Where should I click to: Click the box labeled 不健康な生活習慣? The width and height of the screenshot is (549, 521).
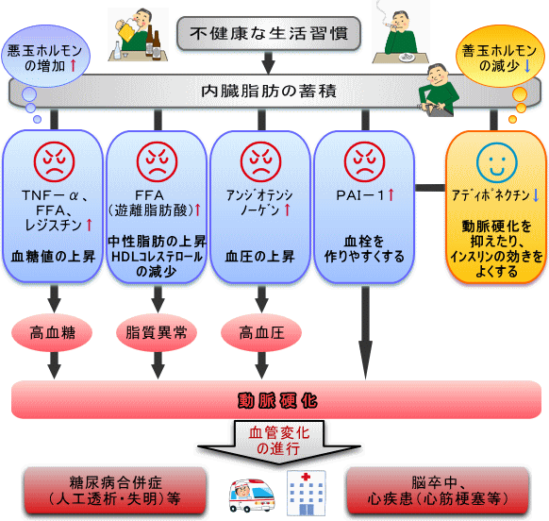pyautogui.click(x=269, y=34)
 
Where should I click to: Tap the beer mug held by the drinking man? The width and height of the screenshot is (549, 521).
pyautogui.click(x=127, y=28)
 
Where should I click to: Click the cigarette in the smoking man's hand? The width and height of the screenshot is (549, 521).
pyautogui.click(x=389, y=25)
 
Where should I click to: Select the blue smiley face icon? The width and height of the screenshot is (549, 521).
pyautogui.click(x=496, y=163)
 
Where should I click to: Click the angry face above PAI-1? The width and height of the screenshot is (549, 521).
pyautogui.click(x=364, y=162)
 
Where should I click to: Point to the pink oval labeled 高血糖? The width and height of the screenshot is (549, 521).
pyautogui.click(x=52, y=332)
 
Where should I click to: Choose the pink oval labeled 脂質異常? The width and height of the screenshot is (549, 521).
pyautogui.click(x=157, y=332)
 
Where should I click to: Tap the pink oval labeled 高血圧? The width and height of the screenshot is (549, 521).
pyautogui.click(x=261, y=332)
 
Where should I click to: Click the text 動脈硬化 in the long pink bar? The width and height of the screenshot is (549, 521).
pyautogui.click(x=277, y=401)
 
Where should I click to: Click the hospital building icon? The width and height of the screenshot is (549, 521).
pyautogui.click(x=307, y=493)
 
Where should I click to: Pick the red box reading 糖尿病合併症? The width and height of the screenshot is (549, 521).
pyautogui.click(x=115, y=491)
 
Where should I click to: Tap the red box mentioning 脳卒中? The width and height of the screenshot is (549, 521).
pyautogui.click(x=438, y=491)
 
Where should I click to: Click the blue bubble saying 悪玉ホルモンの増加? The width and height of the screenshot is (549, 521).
pyautogui.click(x=45, y=57)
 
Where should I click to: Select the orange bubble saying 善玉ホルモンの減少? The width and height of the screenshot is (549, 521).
pyautogui.click(x=500, y=57)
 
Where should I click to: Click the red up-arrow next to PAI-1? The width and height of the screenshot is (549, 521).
pyautogui.click(x=391, y=194)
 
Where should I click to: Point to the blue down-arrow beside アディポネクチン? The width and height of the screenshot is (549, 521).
pyautogui.click(x=536, y=195)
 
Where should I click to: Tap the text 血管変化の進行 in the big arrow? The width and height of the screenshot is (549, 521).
pyautogui.click(x=279, y=441)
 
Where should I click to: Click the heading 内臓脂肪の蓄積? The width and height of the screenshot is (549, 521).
pyautogui.click(x=269, y=92)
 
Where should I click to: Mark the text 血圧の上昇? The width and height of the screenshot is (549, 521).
pyautogui.click(x=259, y=257)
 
